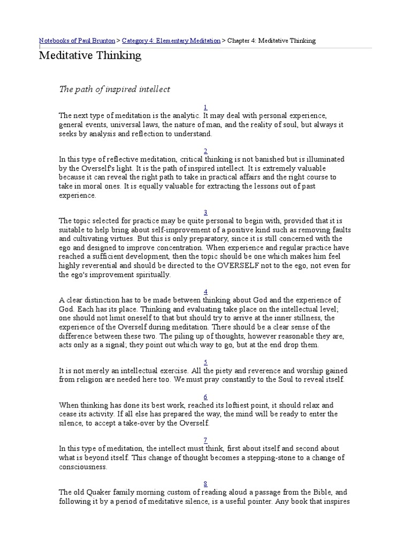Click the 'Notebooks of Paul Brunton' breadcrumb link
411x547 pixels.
tap(79, 41)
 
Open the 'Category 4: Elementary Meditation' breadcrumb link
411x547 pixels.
tap(171, 41)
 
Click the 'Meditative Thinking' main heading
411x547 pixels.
tap(90, 56)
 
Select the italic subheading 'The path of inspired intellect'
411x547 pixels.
tap(114, 89)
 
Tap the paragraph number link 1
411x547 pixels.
tap(205, 107)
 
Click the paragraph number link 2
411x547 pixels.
tap(205, 151)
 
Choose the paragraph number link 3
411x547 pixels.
tap(205, 212)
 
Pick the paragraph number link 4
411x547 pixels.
tap(205, 291)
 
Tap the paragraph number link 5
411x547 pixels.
tap(205, 362)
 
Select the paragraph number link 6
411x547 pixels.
tap(205, 396)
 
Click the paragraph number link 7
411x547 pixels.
tap(205, 440)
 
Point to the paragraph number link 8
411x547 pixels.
tap(205, 483)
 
